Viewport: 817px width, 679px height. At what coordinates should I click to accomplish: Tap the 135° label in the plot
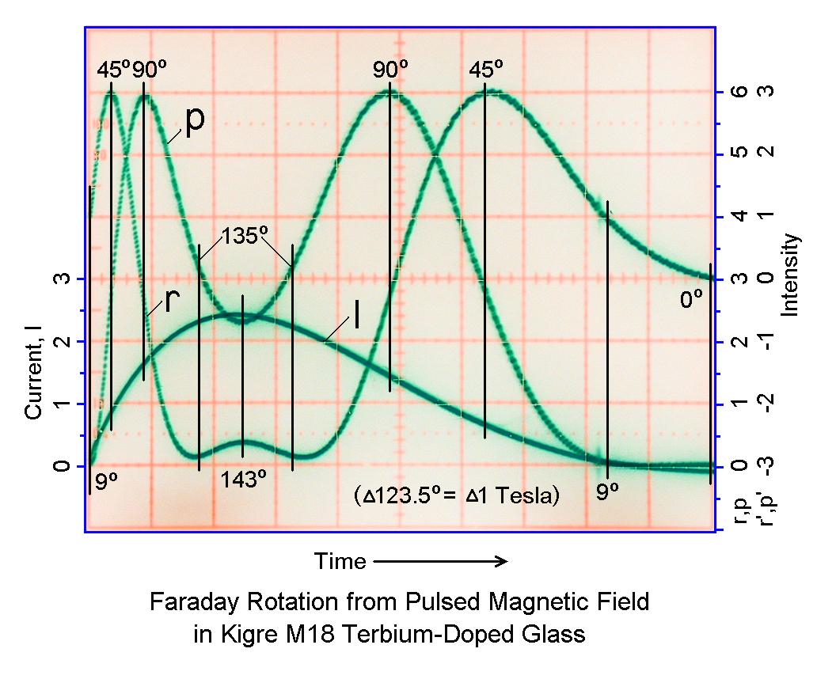(x=245, y=236)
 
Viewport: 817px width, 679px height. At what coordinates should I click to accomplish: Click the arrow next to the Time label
(x=440, y=562)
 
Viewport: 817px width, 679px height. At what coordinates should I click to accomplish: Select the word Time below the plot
(x=340, y=562)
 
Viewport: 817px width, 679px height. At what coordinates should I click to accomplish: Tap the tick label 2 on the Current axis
(x=58, y=341)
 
